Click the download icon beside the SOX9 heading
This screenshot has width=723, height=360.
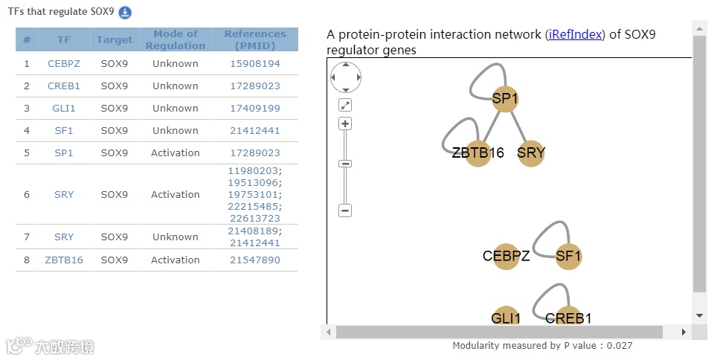125,13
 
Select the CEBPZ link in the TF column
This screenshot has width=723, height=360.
64,64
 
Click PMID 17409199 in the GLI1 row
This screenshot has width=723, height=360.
255,109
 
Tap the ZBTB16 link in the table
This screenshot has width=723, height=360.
64,260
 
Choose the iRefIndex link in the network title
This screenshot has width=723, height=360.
574,34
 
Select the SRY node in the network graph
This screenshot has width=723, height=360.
531,153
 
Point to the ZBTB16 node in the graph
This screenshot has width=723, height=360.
478,153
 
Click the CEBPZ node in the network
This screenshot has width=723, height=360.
506,257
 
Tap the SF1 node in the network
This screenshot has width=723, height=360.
568,257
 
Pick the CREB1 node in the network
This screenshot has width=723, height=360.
568,318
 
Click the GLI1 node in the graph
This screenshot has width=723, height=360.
506,318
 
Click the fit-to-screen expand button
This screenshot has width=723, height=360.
345,105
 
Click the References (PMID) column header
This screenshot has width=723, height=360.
255,39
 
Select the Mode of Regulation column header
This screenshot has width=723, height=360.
176,39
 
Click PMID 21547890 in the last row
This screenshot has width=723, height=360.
255,260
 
